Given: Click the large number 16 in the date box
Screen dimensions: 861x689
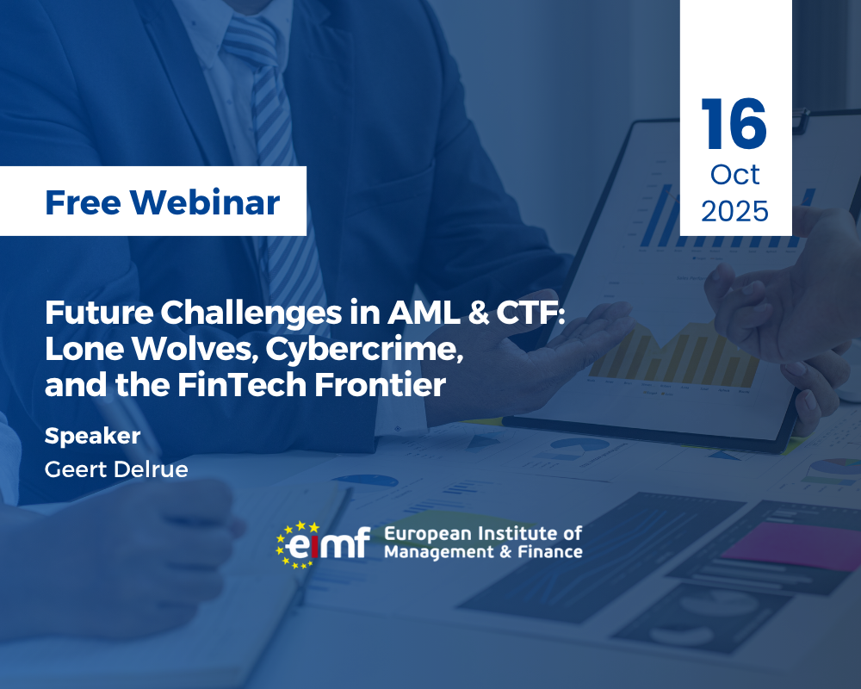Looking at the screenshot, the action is pos(734,124).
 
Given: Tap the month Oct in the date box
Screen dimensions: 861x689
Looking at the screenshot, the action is pos(734,175).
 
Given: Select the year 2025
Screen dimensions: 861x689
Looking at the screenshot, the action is pos(734,212).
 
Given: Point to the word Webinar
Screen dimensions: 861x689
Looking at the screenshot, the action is pos(205,202).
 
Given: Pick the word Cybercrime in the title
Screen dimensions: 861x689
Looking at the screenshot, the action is pos(364,351).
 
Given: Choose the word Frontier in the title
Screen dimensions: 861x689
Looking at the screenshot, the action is pos(380,385).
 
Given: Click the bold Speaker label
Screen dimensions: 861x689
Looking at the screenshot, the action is pos(92,437).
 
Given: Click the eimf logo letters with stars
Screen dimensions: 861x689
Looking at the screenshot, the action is pos(323,544).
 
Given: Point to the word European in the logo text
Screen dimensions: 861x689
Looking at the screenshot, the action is pos(428,534).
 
